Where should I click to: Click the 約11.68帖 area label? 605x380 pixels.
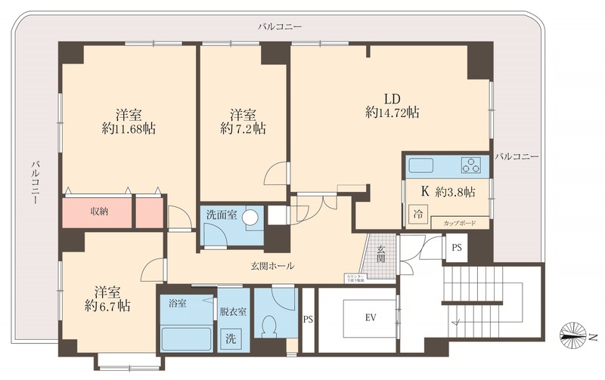click(x=129, y=129)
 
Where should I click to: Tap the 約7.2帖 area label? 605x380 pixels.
click(x=243, y=129)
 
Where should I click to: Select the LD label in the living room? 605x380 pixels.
click(x=391, y=97)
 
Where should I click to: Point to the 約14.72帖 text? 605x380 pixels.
click(x=392, y=113)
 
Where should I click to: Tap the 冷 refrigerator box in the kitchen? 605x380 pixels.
click(x=417, y=214)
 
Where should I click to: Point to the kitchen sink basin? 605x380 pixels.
click(x=419, y=165)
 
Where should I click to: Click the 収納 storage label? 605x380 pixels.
click(x=98, y=212)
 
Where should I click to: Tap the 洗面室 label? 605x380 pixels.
click(x=222, y=215)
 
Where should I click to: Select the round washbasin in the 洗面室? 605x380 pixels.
click(x=251, y=216)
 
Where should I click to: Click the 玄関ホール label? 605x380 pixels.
click(x=272, y=266)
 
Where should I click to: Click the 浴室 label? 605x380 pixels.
click(x=178, y=304)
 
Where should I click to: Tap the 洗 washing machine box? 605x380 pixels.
click(x=228, y=340)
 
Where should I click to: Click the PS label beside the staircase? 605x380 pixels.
click(x=457, y=248)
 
